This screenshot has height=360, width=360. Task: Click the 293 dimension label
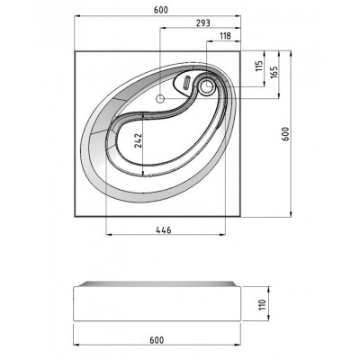203,23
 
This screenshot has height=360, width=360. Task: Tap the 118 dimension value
225,36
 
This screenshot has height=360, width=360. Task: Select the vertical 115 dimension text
259,66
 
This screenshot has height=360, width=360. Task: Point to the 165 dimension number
274,72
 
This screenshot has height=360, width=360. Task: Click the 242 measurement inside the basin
139,140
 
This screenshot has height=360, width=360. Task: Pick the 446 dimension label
164,230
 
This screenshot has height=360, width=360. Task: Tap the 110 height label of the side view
263,304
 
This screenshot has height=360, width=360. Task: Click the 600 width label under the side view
157,340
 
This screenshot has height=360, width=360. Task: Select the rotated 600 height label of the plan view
285,134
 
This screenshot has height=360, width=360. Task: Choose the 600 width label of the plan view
161,10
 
